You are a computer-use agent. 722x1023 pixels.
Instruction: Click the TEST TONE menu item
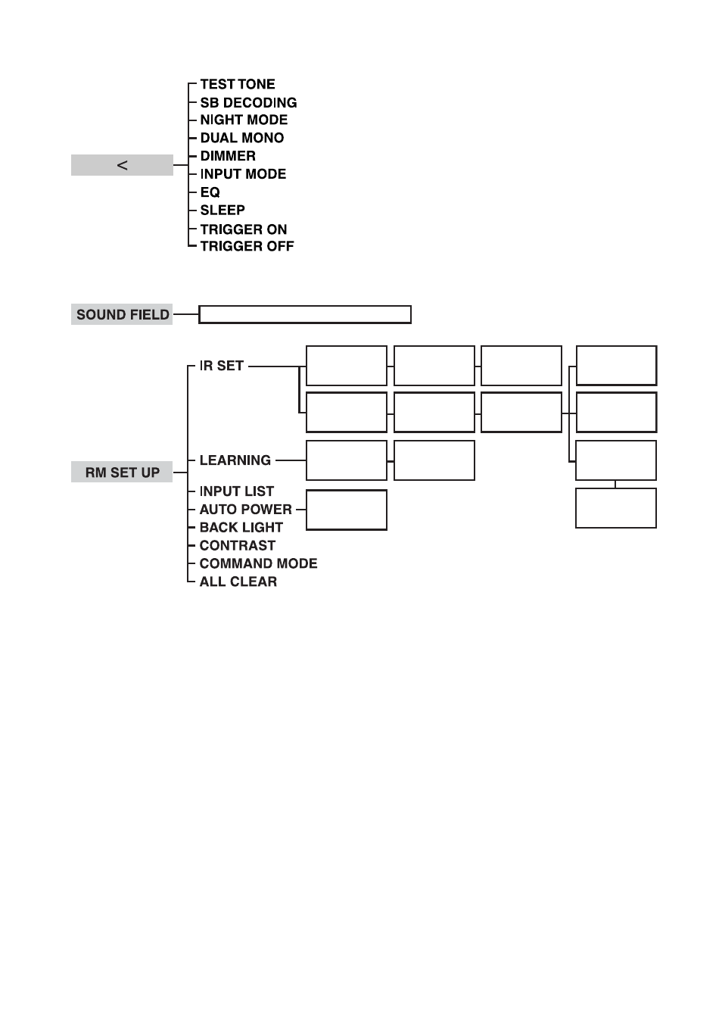click(x=238, y=84)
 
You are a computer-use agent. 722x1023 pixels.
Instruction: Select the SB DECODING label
click(x=248, y=102)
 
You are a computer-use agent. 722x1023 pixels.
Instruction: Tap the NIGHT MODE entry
click(x=244, y=120)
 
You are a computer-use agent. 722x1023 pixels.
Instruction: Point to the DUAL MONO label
click(x=242, y=138)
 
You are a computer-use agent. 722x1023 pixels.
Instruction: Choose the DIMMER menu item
click(x=228, y=156)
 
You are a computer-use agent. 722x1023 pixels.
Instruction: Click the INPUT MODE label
click(x=243, y=174)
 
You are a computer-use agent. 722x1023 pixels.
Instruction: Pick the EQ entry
click(x=210, y=192)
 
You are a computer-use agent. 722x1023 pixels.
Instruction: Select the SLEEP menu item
click(x=223, y=210)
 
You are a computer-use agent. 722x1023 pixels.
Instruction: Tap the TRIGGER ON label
click(x=243, y=229)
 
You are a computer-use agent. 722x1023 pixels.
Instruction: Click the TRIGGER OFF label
click(x=247, y=246)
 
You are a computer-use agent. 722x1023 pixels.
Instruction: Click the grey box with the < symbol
click(x=122, y=165)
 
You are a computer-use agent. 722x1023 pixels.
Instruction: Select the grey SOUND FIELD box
click(x=122, y=314)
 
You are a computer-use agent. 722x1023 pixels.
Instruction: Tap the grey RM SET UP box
click(x=122, y=472)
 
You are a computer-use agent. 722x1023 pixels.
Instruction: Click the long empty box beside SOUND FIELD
click(x=305, y=307)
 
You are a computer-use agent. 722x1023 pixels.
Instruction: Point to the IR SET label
click(x=221, y=365)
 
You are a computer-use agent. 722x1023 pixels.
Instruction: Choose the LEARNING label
click(x=235, y=460)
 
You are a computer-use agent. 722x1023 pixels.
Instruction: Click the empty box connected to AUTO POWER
click(x=347, y=491)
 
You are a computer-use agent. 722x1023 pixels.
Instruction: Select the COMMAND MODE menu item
click(x=258, y=563)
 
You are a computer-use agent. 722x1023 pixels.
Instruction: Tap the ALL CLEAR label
click(x=238, y=582)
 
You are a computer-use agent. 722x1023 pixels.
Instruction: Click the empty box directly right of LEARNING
click(x=347, y=441)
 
